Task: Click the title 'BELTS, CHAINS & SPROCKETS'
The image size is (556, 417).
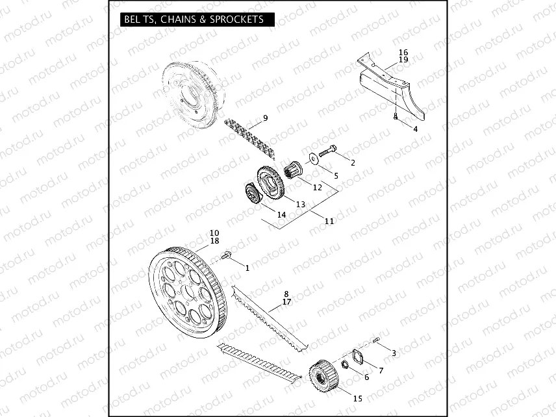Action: tap(194, 19)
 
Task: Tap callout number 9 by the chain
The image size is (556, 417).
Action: tap(265, 118)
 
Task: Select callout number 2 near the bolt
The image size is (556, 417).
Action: tap(353, 162)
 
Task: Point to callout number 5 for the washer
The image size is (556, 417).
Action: tap(336, 175)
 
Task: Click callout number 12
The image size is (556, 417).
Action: tap(318, 187)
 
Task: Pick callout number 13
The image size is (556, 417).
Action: tap(301, 204)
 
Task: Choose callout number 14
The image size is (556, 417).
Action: tap(281, 214)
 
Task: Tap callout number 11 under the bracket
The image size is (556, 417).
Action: tap(329, 221)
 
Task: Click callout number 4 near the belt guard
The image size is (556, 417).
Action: tap(415, 129)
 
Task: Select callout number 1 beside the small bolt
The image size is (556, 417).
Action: tap(247, 267)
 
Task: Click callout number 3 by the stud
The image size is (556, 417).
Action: tap(393, 352)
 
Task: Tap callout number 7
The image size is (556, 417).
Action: tap(381, 370)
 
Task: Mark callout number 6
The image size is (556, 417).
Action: tap(366, 377)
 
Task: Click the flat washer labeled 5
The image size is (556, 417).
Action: tap(314, 157)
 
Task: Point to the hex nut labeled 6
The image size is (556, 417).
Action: tap(347, 365)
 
